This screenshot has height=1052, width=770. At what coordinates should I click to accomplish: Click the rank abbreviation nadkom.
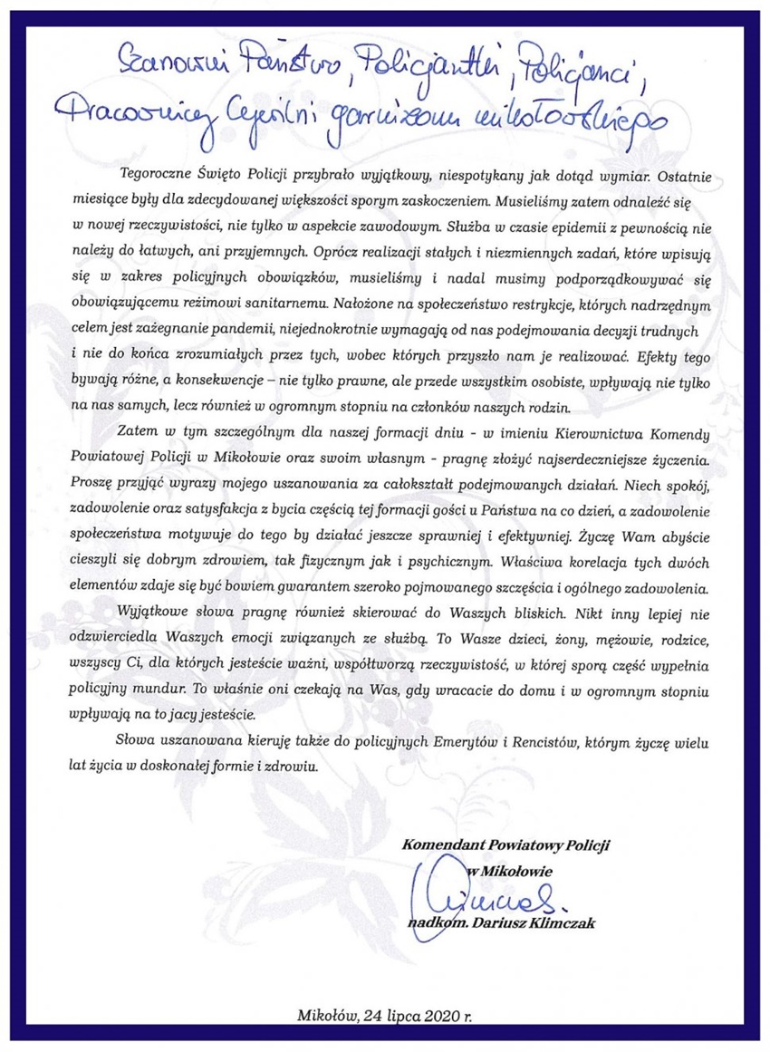point(435,922)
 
